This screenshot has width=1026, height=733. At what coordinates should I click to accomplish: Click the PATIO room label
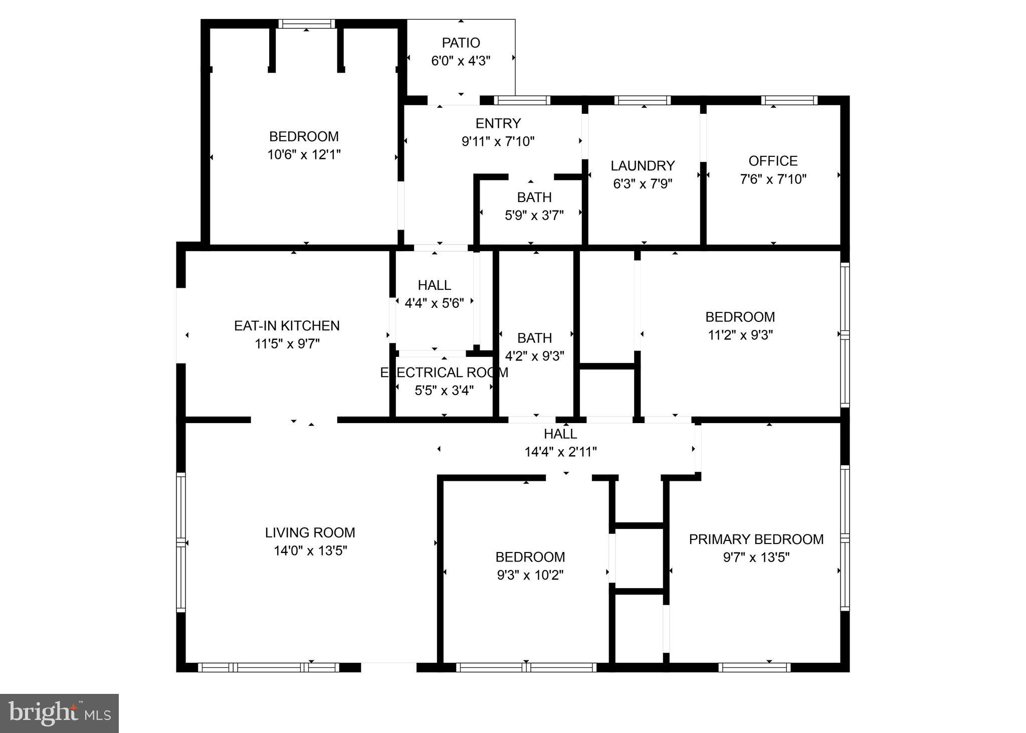461,43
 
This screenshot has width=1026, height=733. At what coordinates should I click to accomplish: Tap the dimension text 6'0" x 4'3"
461,61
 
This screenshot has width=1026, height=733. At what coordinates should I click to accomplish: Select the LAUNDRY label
643,165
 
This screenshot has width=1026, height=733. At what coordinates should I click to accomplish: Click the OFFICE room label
773,161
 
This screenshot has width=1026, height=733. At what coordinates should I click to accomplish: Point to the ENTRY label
498,123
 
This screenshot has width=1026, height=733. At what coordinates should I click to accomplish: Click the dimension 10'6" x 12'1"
304,154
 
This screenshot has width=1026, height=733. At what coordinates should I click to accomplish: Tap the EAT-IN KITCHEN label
287,326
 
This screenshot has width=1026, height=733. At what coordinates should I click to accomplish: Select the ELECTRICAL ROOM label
444,373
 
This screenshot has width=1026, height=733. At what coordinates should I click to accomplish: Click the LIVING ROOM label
310,532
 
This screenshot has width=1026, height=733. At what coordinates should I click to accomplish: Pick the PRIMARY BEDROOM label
756,539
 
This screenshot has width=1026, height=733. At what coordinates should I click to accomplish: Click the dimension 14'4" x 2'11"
560,452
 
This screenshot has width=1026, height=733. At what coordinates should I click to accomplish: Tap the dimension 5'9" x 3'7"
534,216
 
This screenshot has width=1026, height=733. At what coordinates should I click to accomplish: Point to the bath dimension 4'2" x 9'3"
534,356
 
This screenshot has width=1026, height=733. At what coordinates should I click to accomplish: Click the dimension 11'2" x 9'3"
740,335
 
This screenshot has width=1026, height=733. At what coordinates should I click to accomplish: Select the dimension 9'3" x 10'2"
530,575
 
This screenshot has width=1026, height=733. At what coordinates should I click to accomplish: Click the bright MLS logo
59,713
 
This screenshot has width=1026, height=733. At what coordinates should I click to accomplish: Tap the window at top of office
789,100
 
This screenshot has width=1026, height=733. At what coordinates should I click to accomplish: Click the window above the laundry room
642,100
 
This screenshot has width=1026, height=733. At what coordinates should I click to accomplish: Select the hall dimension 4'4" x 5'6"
434,303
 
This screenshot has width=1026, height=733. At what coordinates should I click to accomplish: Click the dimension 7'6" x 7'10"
773,179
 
